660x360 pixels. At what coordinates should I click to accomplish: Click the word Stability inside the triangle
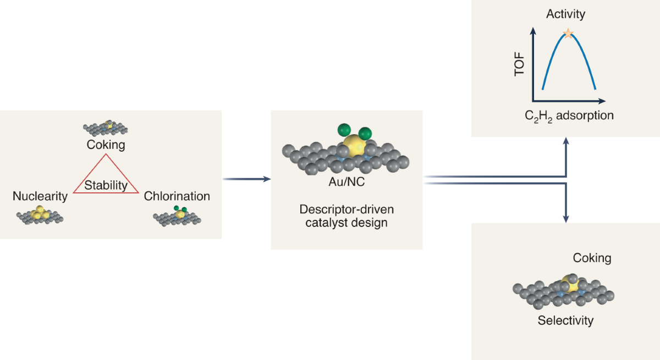click(x=106, y=185)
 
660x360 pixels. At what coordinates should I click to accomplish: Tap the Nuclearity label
click(x=40, y=196)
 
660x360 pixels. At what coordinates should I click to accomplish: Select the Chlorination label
click(x=177, y=196)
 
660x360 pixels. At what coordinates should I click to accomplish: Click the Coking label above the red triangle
click(x=106, y=145)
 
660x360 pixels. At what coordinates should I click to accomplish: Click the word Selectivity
click(x=565, y=320)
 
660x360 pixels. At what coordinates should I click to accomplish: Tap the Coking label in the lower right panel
click(x=592, y=258)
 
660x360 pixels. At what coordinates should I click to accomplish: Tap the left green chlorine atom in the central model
click(x=345, y=130)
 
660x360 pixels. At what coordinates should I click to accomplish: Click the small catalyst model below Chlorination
click(x=177, y=216)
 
